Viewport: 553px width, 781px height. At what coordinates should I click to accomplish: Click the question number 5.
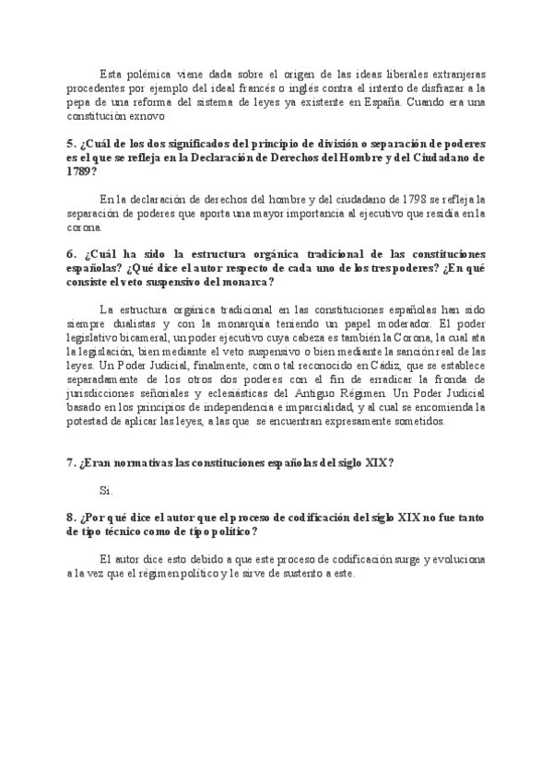71,146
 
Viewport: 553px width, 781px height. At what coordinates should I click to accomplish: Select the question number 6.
71,253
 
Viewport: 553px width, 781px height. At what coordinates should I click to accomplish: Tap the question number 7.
71,462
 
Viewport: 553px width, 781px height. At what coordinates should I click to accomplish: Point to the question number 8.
71,518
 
